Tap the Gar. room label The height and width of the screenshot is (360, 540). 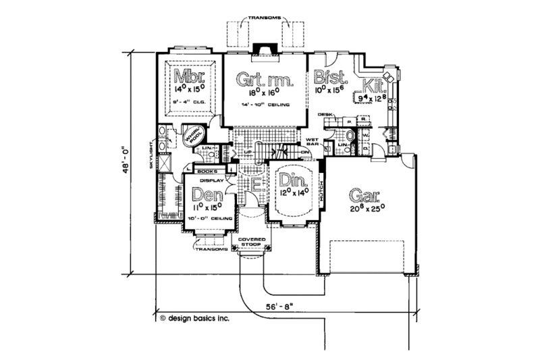tap(362, 198)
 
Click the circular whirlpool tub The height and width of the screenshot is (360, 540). tap(195, 137)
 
